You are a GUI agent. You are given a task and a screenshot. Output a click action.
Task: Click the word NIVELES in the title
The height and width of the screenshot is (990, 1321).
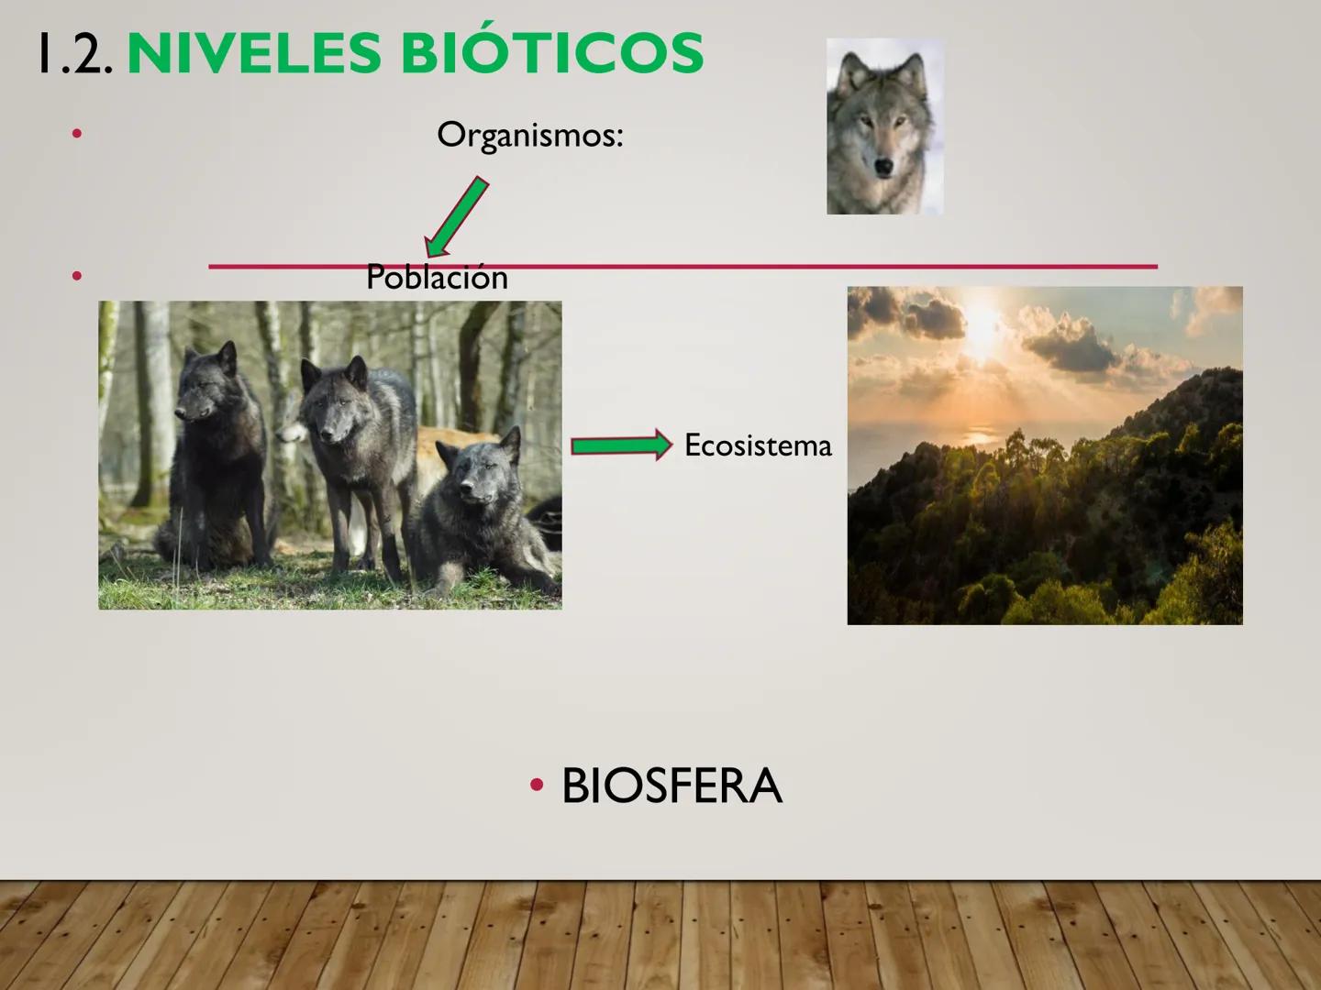[255, 53]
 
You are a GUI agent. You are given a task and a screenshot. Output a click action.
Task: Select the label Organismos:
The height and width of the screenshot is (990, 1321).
[529, 135]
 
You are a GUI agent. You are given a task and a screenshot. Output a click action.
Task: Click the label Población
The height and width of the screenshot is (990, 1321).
[437, 277]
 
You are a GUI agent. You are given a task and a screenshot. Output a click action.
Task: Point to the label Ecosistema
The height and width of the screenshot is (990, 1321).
[758, 445]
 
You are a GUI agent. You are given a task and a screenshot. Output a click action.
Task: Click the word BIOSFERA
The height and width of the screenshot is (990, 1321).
[672, 786]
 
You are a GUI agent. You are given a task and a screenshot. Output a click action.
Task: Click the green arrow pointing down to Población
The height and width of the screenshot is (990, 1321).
[456, 217]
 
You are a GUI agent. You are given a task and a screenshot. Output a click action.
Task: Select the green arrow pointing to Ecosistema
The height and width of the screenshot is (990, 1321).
[621, 446]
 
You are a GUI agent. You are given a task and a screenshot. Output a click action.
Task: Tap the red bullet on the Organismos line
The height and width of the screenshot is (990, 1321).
[77, 135]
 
